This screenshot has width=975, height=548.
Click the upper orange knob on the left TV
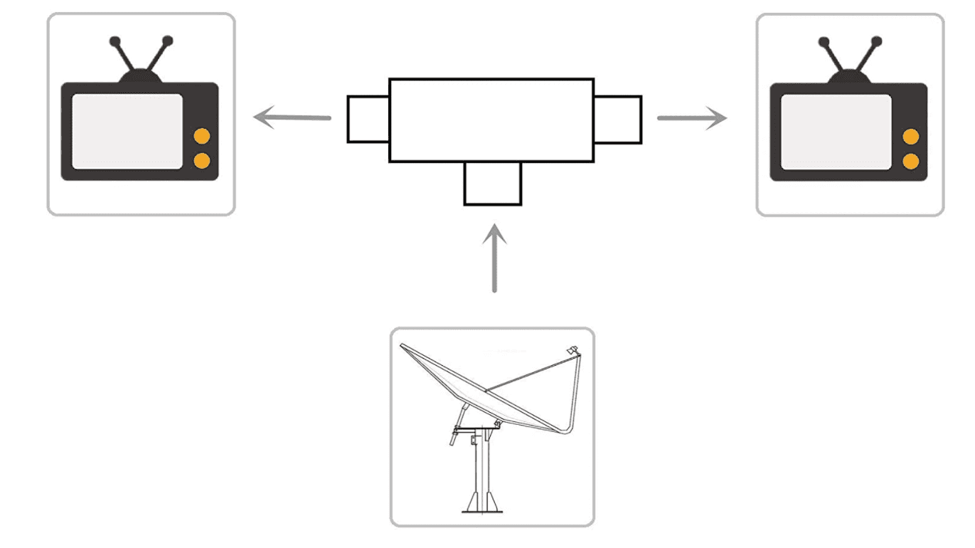coord(202,137)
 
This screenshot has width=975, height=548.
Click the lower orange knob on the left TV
coord(202,161)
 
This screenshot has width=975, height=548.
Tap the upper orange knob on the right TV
coord(910,137)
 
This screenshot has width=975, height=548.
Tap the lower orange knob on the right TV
coord(910,162)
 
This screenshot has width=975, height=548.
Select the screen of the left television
coord(127,132)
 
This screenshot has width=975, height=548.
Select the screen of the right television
coord(836,132)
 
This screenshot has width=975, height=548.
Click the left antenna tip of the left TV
coord(113,41)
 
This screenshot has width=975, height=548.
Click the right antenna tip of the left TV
coord(168,41)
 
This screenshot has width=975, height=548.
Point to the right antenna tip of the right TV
coord(877,41)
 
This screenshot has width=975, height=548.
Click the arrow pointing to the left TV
coord(292,117)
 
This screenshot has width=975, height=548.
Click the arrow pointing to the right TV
coord(691,117)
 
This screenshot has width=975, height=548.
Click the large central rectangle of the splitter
coord(491,120)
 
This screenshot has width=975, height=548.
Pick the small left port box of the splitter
coord(368,119)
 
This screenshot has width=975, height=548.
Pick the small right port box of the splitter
coord(617,119)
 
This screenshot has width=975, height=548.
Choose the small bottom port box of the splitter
coord(493,184)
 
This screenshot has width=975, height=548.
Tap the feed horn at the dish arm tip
coord(572,350)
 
